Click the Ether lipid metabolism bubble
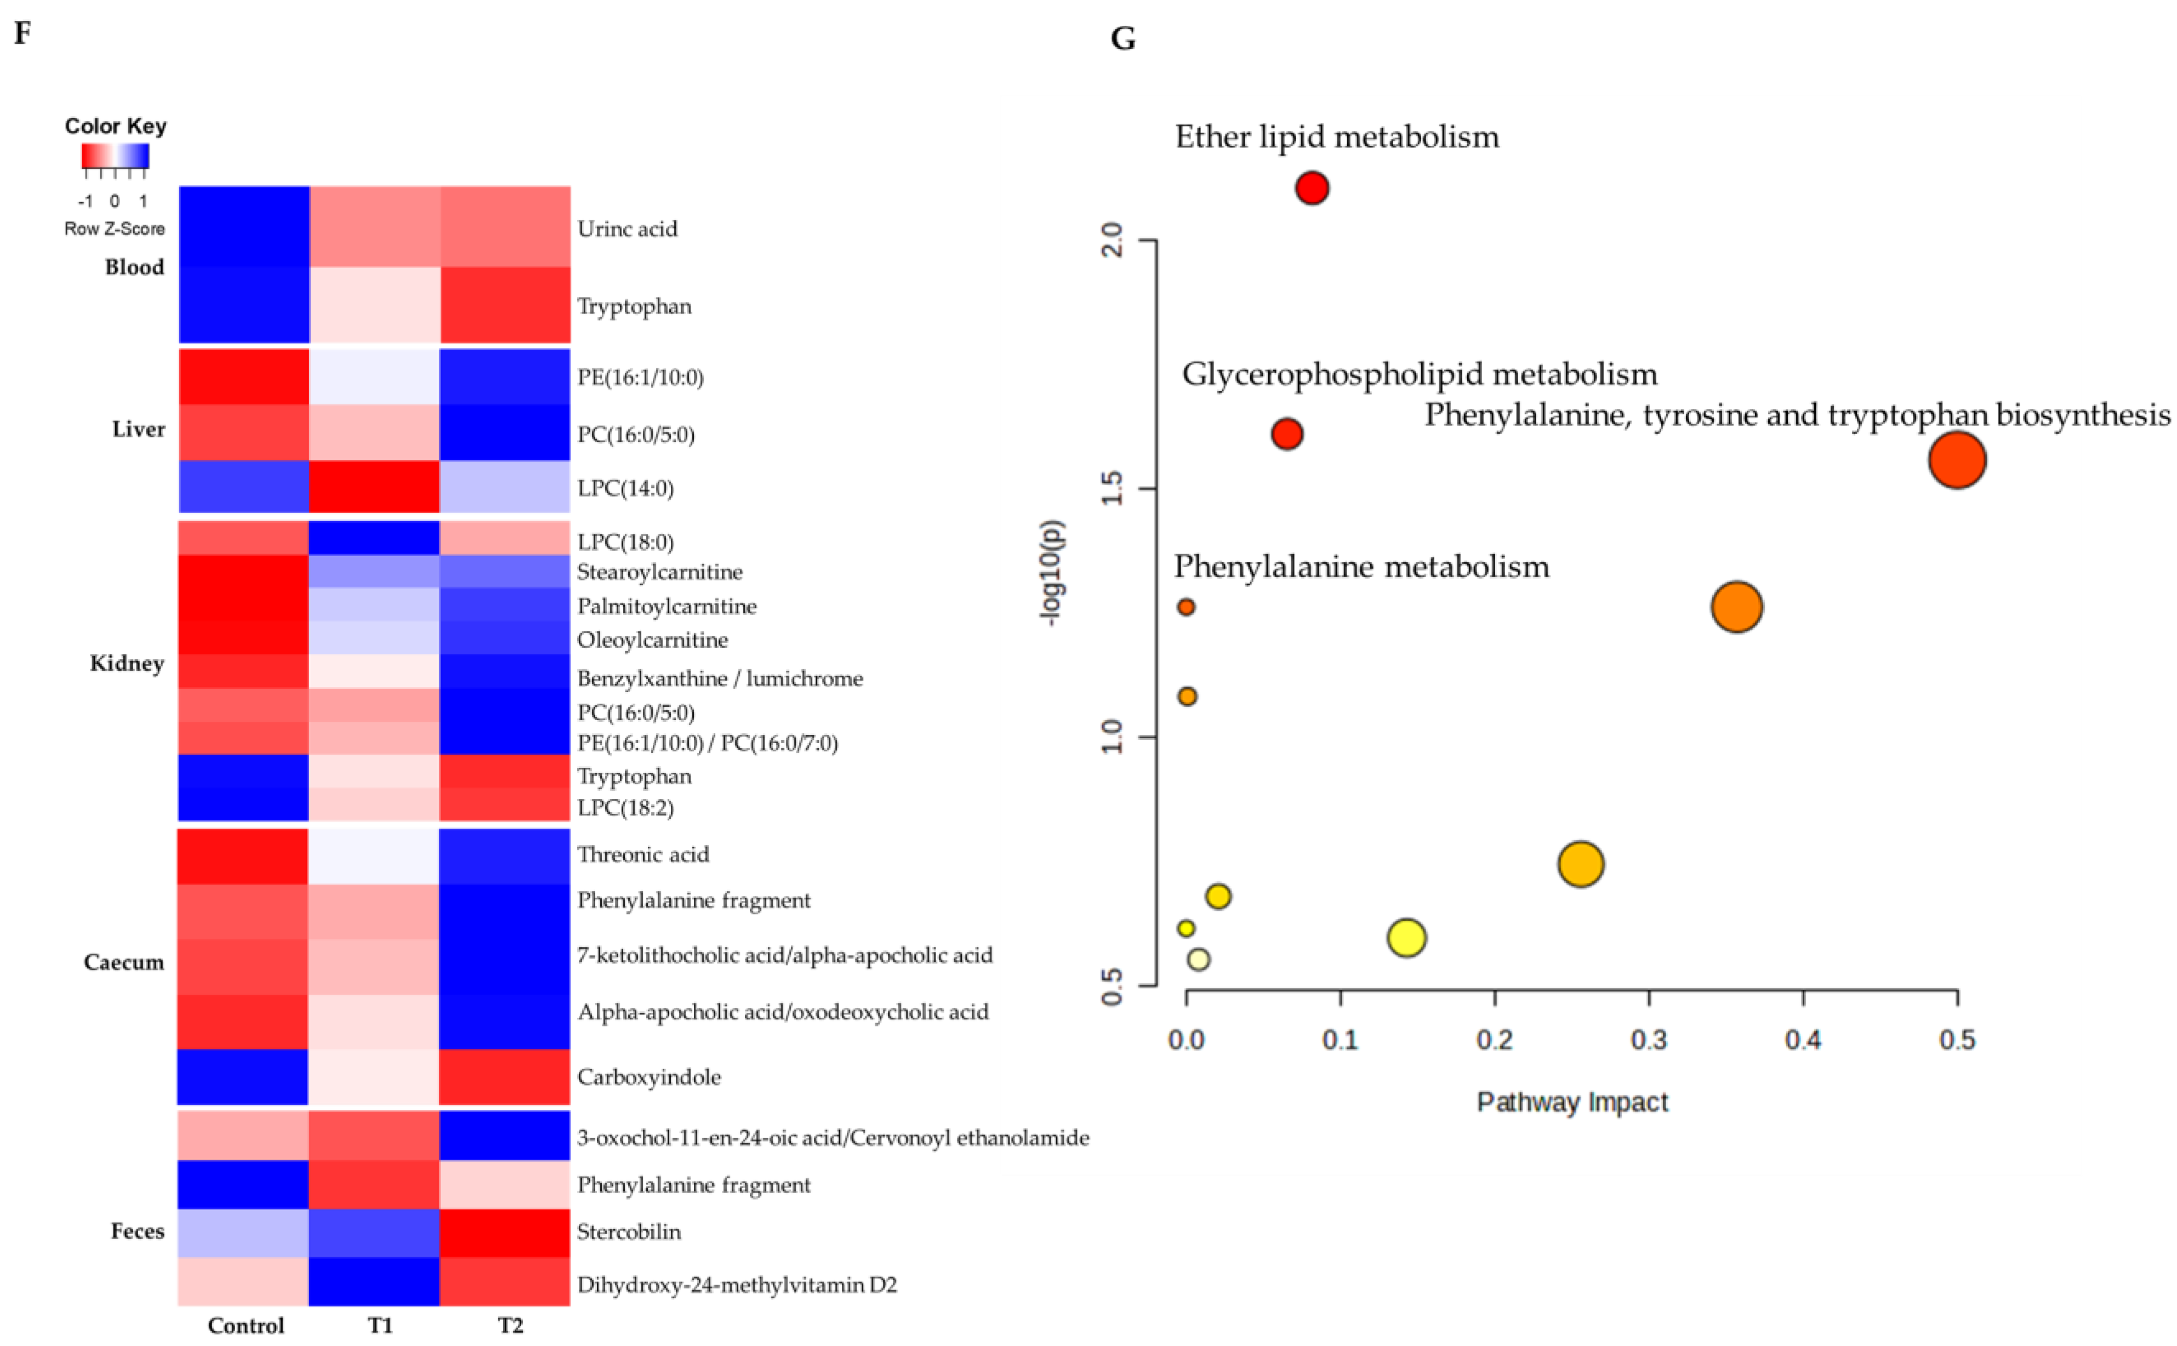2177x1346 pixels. click(1312, 188)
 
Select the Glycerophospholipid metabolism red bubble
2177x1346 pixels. click(1287, 434)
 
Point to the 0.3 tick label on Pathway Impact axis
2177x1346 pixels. click(1648, 1040)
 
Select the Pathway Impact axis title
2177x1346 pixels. click(1572, 1102)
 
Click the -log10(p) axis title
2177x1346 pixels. click(1052, 572)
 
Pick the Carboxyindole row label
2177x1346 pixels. click(649, 1077)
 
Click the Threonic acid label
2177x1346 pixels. click(642, 854)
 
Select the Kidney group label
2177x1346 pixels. click(127, 663)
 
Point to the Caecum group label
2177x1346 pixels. click(124, 962)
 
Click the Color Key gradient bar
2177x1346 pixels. click(115, 157)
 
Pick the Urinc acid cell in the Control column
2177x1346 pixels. click(244, 227)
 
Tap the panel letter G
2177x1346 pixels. click(1123, 38)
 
